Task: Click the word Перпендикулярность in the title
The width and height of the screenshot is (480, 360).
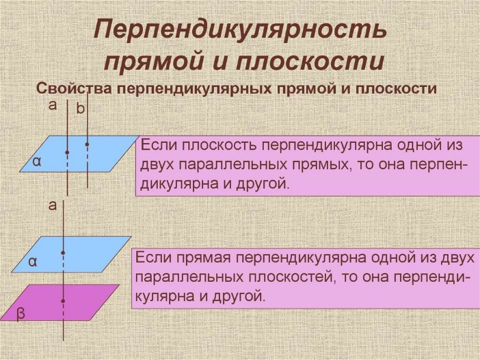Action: [x=240, y=30]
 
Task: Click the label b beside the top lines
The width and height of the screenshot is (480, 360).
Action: [x=80, y=109]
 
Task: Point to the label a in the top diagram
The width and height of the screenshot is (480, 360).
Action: [x=53, y=105]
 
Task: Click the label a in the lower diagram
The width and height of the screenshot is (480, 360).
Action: [x=53, y=205]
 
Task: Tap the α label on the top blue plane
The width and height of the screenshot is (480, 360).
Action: [x=37, y=162]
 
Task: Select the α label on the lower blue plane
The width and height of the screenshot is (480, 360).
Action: [x=33, y=262]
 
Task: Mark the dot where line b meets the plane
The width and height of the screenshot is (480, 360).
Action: [x=88, y=144]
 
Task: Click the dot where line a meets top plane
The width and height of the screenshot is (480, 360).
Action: [x=67, y=152]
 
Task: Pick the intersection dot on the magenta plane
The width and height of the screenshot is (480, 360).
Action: [x=63, y=301]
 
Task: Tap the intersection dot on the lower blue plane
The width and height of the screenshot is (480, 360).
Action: [x=63, y=253]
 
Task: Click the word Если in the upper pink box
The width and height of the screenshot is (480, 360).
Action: [x=158, y=145]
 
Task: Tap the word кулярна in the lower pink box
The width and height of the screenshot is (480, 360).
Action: [x=164, y=296]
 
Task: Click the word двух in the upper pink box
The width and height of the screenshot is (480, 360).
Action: [x=157, y=165]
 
